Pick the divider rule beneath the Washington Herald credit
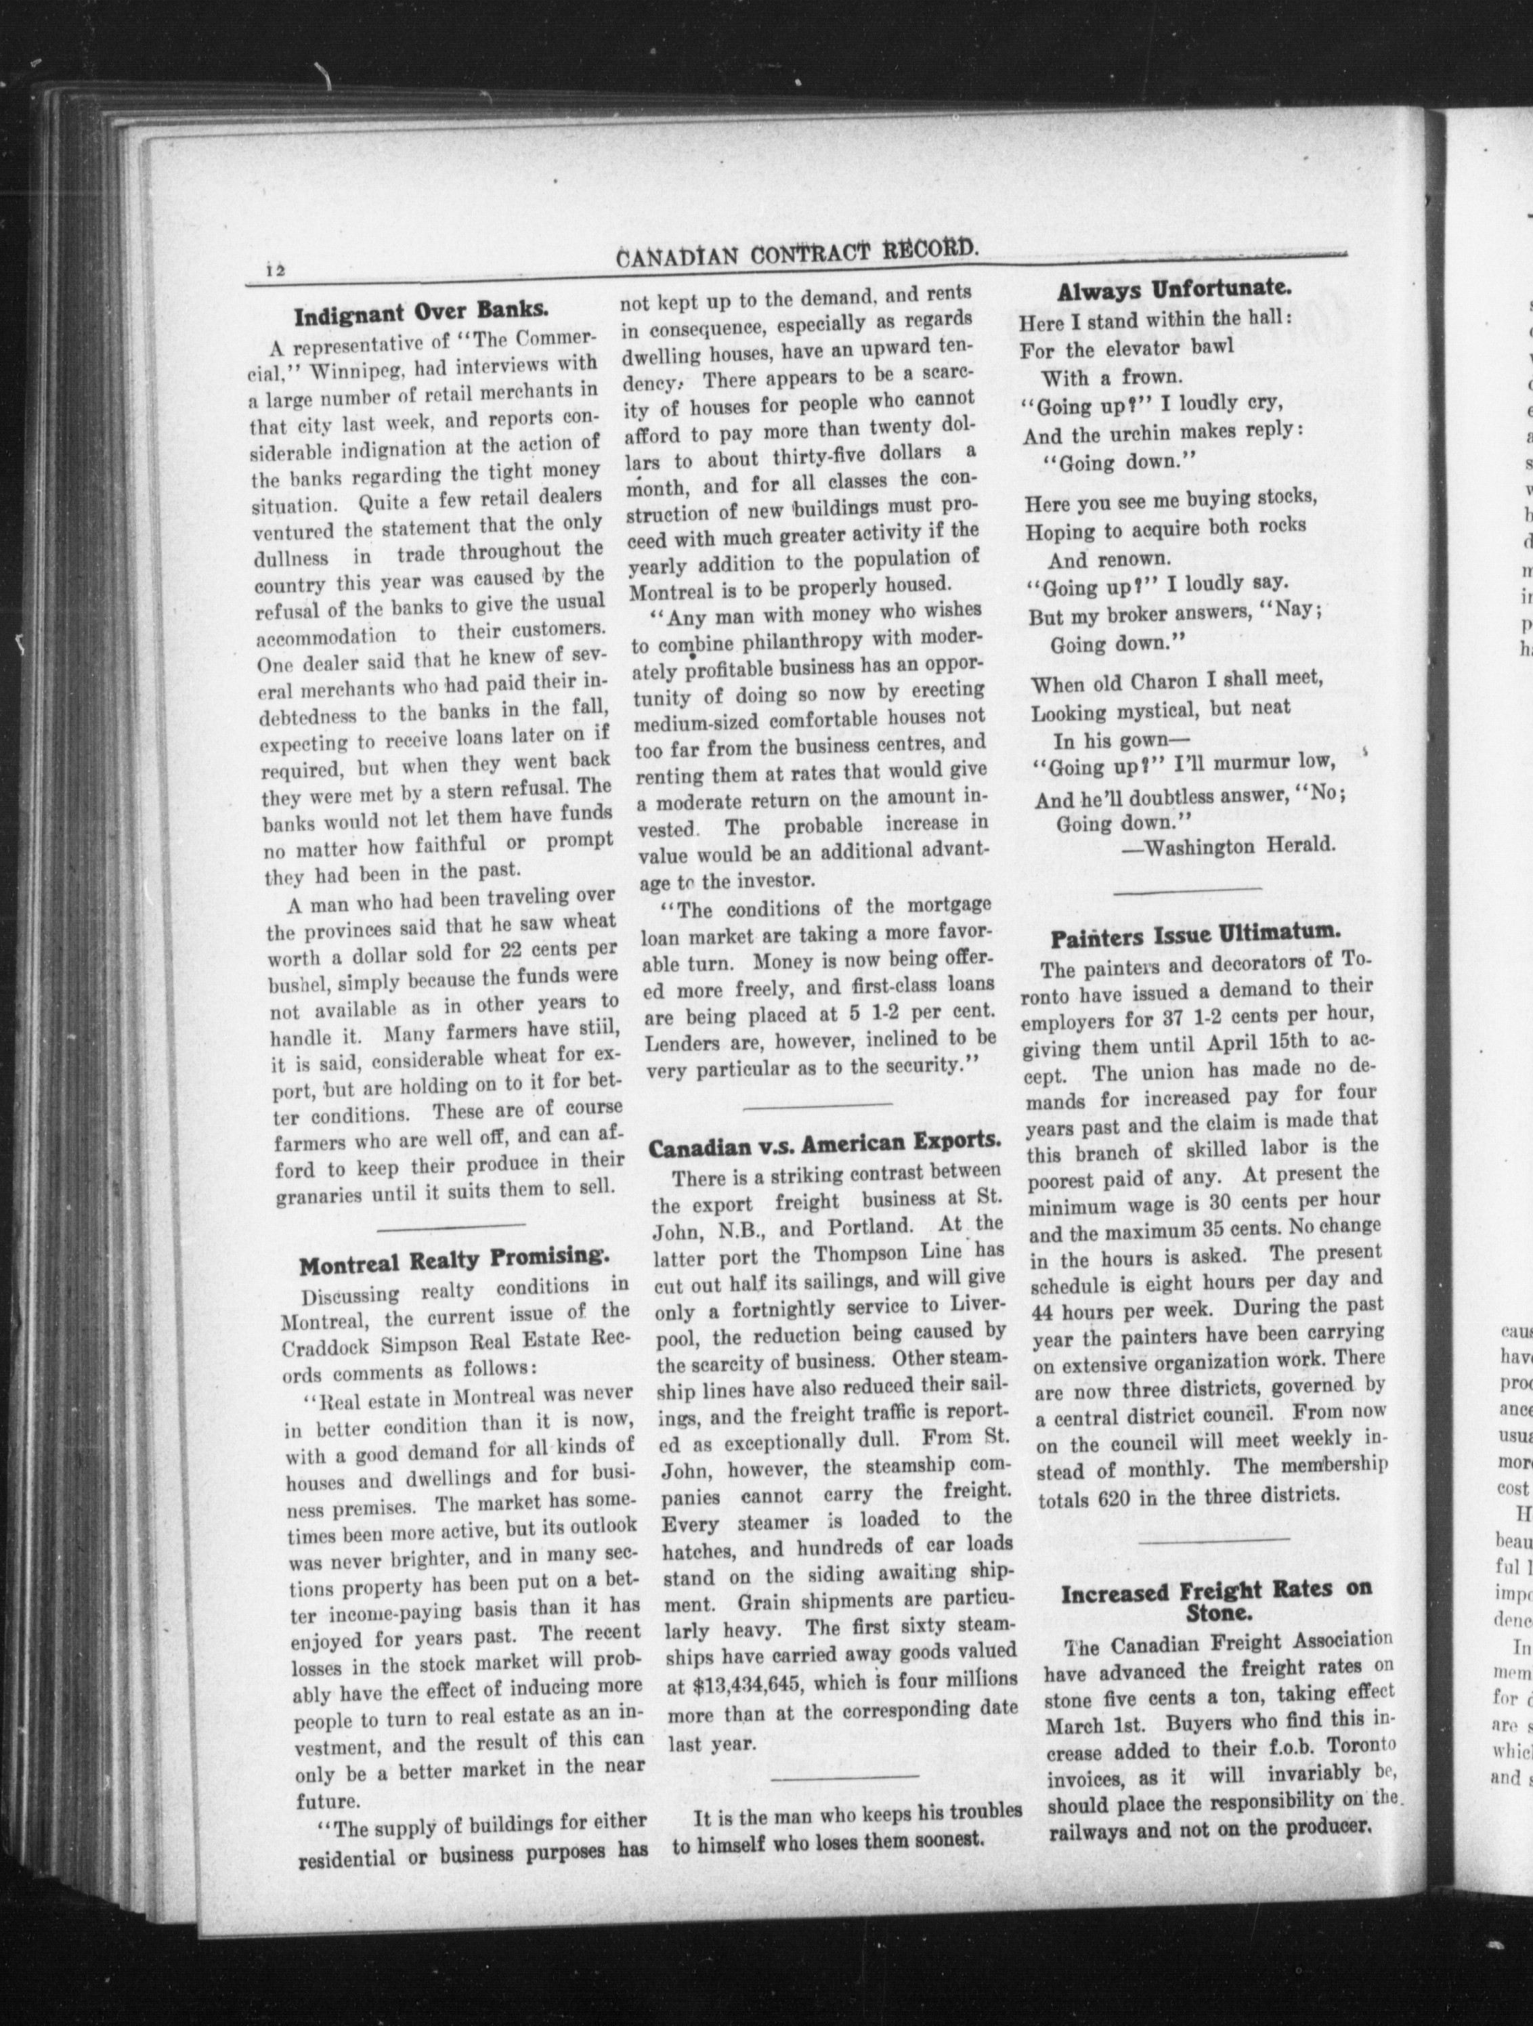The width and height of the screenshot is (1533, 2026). pyautogui.click(x=1187, y=888)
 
